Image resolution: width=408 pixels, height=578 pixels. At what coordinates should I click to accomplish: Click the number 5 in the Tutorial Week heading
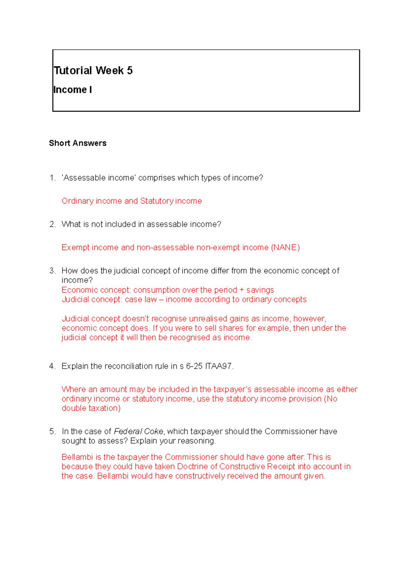point(130,70)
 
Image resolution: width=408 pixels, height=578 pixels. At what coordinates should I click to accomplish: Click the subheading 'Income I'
point(72,90)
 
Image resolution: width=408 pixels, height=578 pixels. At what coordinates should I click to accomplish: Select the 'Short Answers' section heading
point(78,143)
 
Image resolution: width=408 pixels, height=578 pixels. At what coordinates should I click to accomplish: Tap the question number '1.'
point(52,178)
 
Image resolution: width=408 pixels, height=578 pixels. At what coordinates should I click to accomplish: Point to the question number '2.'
point(52,224)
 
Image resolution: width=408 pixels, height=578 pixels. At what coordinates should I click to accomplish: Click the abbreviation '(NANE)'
point(285,247)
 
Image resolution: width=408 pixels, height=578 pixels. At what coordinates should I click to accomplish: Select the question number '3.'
point(52,271)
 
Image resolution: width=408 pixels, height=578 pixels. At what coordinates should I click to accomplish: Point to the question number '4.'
point(52,366)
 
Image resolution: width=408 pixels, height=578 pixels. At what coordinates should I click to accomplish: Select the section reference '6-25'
point(194,366)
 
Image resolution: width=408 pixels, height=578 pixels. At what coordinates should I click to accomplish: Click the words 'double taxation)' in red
point(91,408)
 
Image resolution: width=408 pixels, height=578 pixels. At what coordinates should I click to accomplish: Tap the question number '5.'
point(52,432)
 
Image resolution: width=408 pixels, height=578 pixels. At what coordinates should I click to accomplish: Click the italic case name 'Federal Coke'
point(138,432)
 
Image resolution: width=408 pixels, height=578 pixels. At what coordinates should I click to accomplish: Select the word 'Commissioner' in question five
point(291,432)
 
